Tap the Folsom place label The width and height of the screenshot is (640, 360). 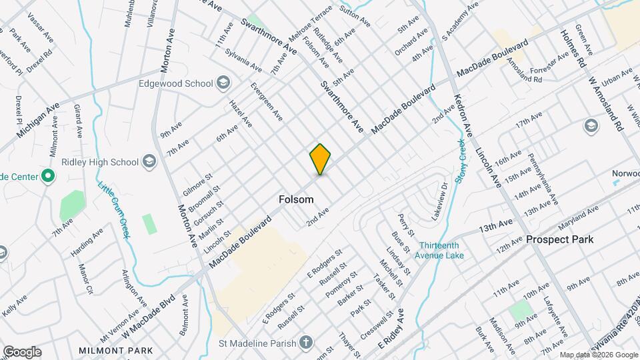296,199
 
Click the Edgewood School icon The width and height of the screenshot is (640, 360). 223,83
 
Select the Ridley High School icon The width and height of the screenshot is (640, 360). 149,162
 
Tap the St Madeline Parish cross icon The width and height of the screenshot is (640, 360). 306,343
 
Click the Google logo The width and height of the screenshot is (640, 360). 21,351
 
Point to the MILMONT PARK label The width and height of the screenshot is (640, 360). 115,351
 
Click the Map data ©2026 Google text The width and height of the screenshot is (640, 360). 598,355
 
